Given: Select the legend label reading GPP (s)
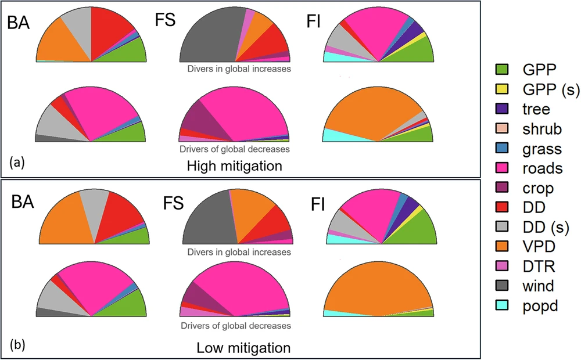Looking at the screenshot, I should pos(535,89).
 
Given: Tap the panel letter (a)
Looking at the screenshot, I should pos(16,163).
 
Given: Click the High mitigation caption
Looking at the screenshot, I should pos(234,166).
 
